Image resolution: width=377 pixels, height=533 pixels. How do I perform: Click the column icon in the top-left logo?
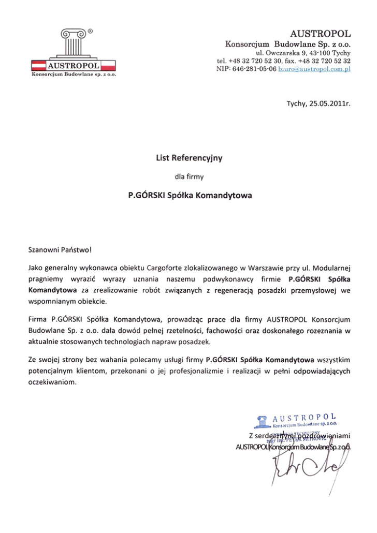[72, 43]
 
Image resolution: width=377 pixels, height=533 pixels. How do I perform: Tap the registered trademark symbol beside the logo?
[91, 31]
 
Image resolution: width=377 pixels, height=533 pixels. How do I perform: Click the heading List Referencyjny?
[189, 158]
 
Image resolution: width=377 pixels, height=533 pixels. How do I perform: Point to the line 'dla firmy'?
[189, 176]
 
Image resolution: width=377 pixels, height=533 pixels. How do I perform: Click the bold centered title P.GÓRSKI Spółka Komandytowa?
[190, 196]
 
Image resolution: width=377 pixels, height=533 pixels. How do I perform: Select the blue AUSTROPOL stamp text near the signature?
[304, 418]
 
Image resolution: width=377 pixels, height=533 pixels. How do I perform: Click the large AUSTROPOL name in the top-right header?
[321, 34]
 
